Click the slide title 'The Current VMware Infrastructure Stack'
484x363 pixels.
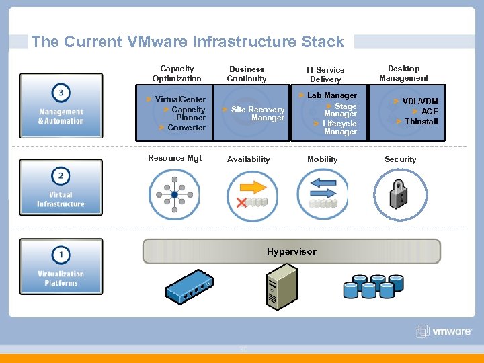(188, 42)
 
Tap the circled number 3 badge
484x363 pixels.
(61, 92)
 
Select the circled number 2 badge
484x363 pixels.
(61, 175)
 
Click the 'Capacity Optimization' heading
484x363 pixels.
(177, 73)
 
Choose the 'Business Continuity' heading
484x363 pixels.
(247, 74)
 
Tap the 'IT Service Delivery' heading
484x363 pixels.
(325, 75)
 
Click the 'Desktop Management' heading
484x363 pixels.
(403, 73)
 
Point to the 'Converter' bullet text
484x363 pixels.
(186, 128)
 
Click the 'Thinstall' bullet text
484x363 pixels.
(421, 122)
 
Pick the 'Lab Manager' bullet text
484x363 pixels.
(331, 95)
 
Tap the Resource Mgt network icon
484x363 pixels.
(174, 195)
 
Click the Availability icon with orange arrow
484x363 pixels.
(252, 194)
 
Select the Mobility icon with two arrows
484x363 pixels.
(323, 194)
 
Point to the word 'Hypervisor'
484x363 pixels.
(291, 251)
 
